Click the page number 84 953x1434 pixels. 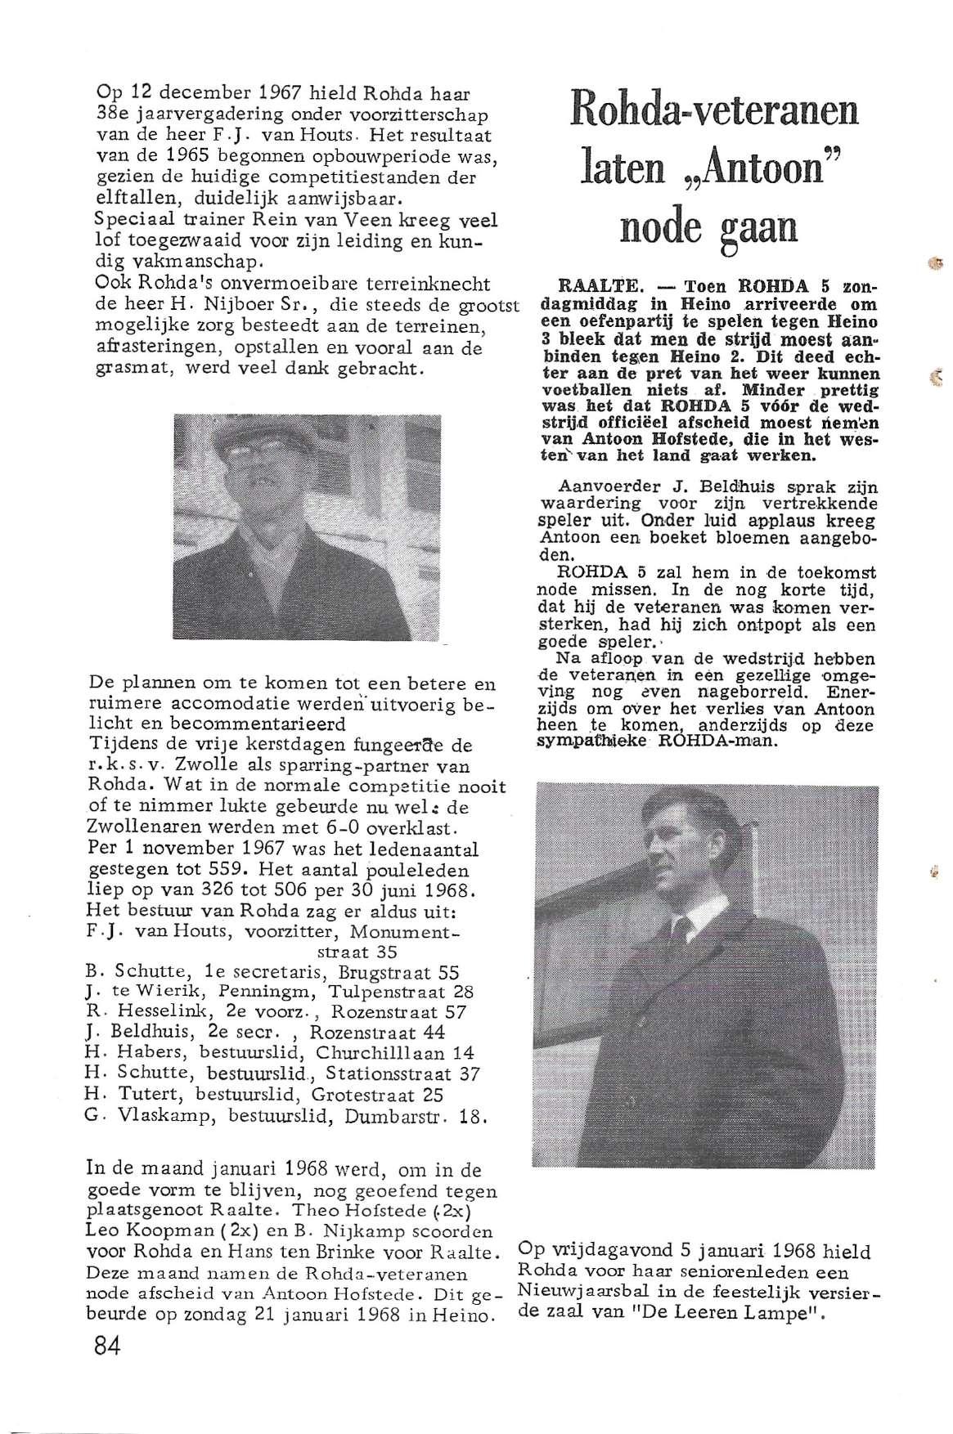[x=107, y=1346]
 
